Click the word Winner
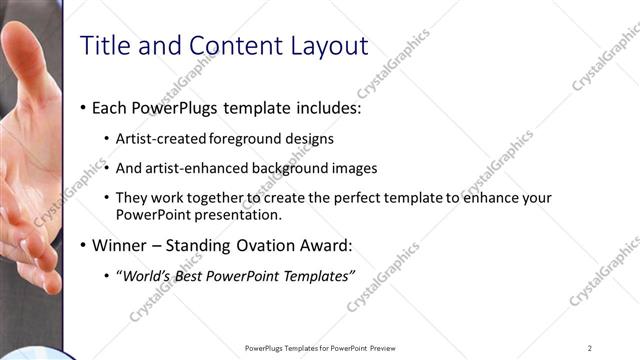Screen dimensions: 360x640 coord(119,245)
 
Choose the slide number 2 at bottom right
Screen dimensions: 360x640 coord(590,348)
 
